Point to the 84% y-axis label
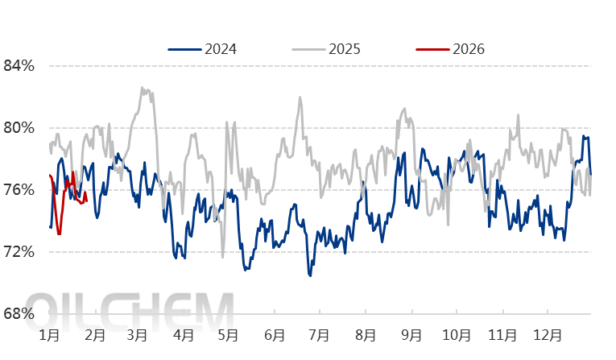(19, 65)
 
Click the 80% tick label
(19, 127)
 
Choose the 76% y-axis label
(19, 190)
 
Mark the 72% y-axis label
(19, 252)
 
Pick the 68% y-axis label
(19, 314)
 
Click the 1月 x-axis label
(48, 333)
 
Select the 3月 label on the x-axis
(138, 333)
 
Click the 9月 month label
(412, 333)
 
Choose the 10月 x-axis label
(457, 333)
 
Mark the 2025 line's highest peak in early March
(143, 88)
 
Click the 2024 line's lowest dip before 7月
(310, 276)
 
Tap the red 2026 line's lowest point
(59, 234)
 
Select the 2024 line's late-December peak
(584, 136)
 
